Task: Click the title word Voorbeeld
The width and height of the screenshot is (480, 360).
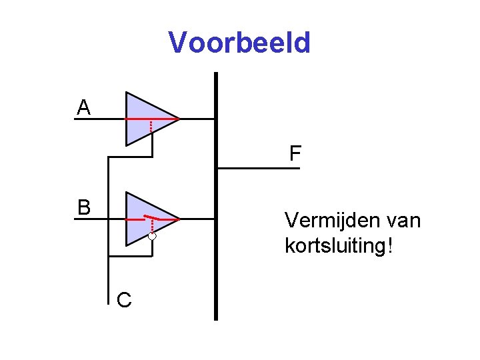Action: coord(239,43)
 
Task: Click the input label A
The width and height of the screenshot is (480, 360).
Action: coord(83,107)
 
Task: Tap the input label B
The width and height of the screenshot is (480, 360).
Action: coord(83,207)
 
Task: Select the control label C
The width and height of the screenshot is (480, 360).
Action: coord(123,301)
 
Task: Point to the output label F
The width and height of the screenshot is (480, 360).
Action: coord(295,155)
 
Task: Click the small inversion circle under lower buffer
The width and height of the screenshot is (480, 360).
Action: coord(152,236)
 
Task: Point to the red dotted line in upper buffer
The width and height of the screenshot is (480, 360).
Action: coord(152,127)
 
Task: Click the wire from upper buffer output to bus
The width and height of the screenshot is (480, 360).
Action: coord(197,119)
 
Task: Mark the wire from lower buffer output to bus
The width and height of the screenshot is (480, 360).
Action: coord(197,219)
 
